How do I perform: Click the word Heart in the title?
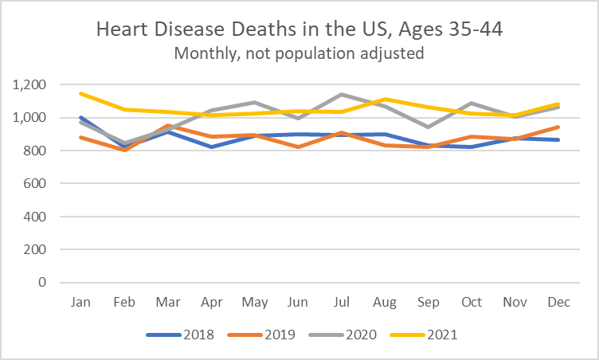tap(122, 30)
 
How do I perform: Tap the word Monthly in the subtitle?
tap(203, 53)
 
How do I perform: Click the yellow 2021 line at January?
tap(81, 93)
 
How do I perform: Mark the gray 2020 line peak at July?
tap(343, 95)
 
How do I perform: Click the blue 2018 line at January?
tap(81, 117)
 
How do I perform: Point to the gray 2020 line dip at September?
tap(429, 127)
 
